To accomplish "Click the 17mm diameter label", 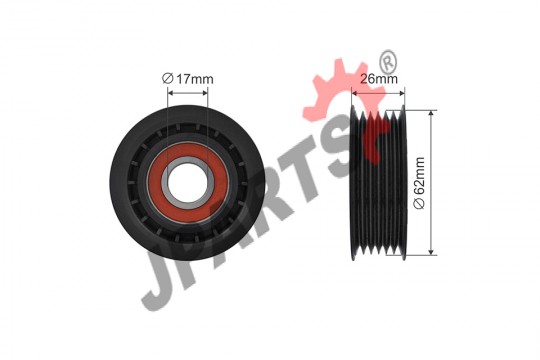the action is [188, 79].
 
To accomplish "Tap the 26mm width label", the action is [379, 79].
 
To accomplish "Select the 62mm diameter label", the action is [419, 183].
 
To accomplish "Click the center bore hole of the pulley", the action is [188, 183].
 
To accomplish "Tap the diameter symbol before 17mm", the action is [167, 79].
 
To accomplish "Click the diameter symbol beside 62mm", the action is [419, 204].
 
